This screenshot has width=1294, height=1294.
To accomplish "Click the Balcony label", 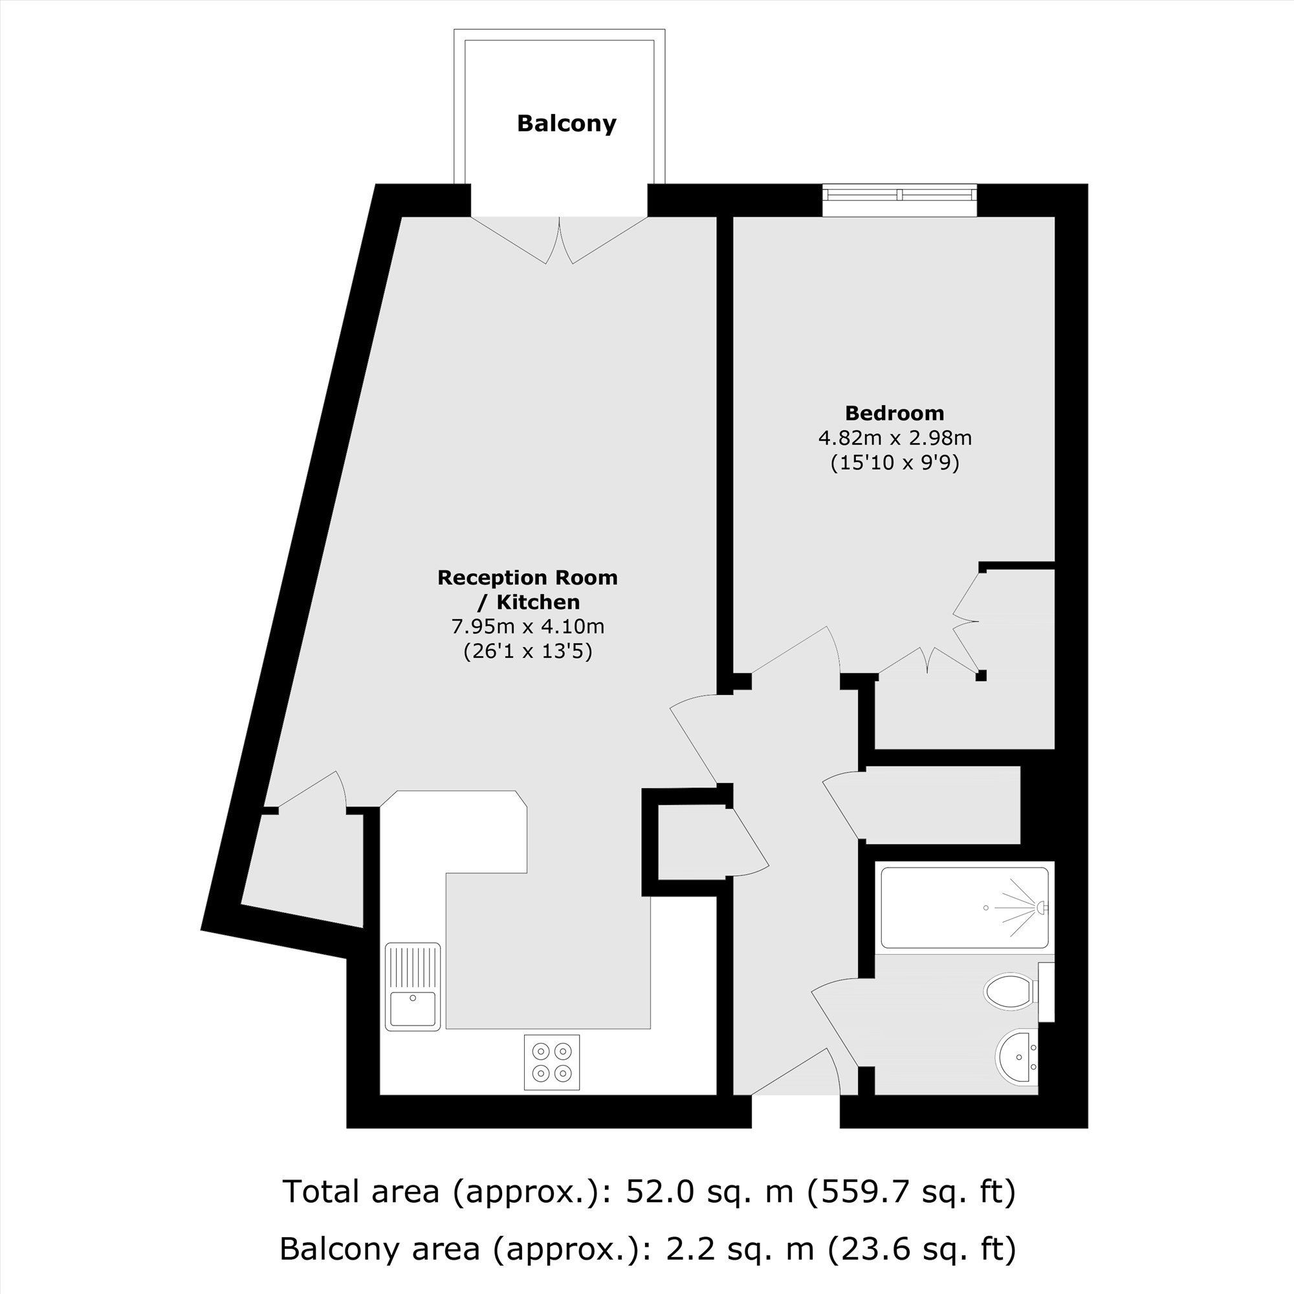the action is coord(566,124).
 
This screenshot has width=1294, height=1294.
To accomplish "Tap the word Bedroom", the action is coord(894,413).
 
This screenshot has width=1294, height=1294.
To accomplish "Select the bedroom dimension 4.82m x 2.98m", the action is coord(895,438).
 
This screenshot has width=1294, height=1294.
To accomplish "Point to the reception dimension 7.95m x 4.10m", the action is coord(528,627).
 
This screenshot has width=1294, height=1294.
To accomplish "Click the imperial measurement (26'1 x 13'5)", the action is coord(528,652).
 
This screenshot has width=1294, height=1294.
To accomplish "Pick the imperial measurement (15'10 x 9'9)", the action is coord(895,463).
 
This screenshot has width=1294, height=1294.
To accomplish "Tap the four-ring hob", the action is coord(552,1062).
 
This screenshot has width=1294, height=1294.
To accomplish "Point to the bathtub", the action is coord(965,908).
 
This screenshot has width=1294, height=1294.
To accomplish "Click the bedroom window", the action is coord(899,194).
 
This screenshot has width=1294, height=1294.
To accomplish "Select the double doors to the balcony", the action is coord(559,240).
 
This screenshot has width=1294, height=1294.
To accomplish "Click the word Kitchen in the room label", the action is coord(538,602).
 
